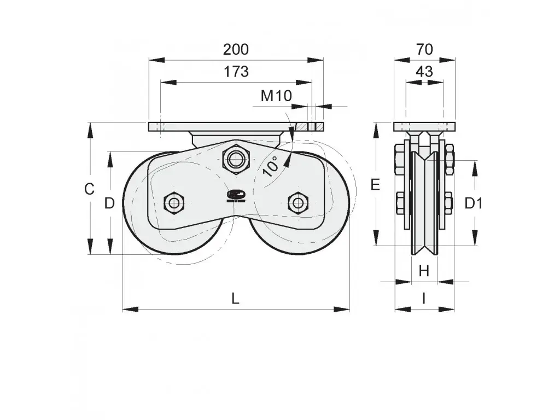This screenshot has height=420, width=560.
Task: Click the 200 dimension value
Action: [x=236, y=49]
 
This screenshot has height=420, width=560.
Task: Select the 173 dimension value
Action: [x=236, y=72]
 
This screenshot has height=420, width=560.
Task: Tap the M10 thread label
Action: [x=276, y=96]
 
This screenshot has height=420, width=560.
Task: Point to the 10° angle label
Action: [x=271, y=166]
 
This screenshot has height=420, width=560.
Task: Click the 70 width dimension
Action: [x=424, y=49]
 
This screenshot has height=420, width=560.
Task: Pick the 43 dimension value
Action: [x=424, y=72]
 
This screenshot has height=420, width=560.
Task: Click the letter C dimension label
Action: [x=89, y=189]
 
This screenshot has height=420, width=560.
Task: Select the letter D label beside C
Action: [x=109, y=203]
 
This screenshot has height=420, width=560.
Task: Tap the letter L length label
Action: [x=235, y=299]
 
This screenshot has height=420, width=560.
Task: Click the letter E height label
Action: [x=375, y=185]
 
